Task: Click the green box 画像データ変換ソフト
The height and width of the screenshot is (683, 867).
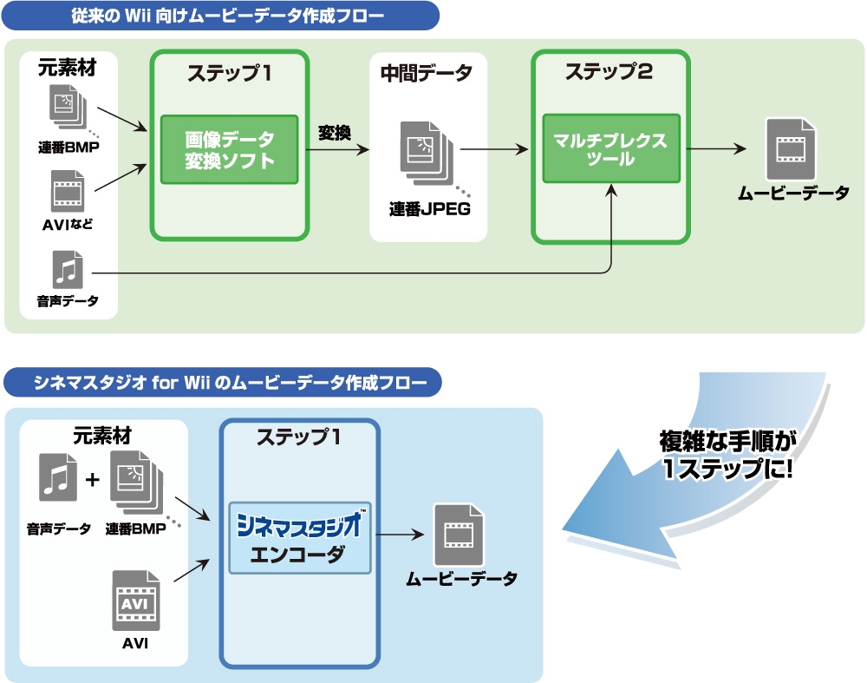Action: (x=230, y=149)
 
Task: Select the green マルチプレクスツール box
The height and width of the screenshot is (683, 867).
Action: (x=611, y=148)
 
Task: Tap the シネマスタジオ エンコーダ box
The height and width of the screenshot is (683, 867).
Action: (x=300, y=538)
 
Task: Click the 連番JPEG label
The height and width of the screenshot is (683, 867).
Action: (x=430, y=209)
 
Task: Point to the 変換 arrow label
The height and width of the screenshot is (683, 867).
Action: (x=335, y=133)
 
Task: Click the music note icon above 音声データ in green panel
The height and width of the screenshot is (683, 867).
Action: (x=68, y=270)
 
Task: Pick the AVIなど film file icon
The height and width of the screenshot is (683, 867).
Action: (x=68, y=191)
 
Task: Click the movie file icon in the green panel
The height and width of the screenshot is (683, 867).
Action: (x=791, y=149)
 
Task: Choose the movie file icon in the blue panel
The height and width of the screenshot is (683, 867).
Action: (x=459, y=535)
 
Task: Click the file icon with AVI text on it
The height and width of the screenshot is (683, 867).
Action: (x=136, y=601)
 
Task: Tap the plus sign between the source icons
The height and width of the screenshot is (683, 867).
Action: (x=93, y=479)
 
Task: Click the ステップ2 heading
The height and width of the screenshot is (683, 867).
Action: (x=609, y=71)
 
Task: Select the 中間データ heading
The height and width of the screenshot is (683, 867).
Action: (x=427, y=73)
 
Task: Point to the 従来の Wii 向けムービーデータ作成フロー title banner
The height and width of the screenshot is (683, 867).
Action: (x=220, y=16)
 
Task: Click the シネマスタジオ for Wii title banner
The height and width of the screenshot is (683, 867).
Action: (x=223, y=383)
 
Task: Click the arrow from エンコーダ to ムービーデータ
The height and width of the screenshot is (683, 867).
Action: (x=400, y=535)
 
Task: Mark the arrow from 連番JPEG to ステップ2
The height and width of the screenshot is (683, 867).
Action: (x=494, y=149)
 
